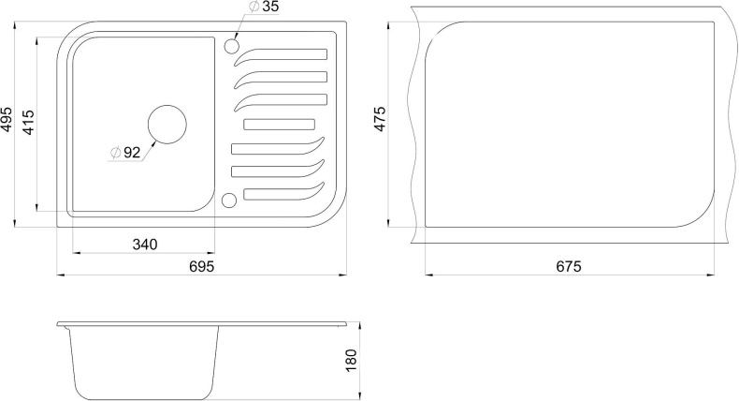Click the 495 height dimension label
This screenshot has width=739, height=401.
click(7, 120)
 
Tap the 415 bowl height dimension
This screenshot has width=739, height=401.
click(28, 123)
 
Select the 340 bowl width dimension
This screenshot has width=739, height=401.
click(145, 245)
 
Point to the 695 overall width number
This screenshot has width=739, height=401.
click(202, 266)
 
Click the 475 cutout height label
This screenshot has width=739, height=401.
click(380, 119)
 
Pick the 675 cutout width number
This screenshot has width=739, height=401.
click(569, 266)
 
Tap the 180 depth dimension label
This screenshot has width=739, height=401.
click(351, 361)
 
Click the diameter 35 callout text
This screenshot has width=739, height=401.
click(263, 7)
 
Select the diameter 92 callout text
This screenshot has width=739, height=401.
click(125, 152)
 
